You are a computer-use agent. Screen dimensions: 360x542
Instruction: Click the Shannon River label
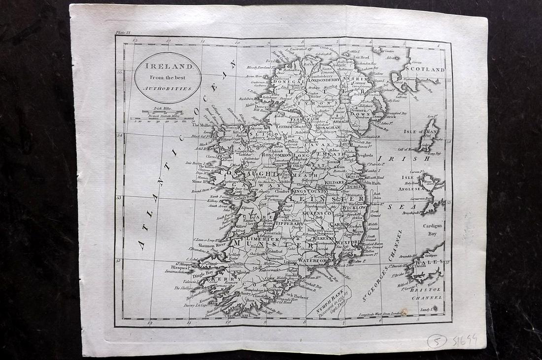211,245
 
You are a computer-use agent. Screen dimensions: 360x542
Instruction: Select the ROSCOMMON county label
277,155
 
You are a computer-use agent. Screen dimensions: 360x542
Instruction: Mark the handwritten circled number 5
437,340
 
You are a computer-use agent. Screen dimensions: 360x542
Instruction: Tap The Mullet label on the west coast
200,125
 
